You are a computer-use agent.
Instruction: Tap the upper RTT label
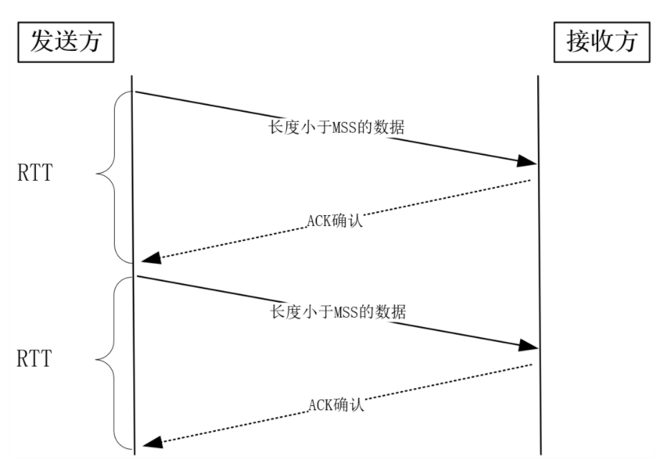34,173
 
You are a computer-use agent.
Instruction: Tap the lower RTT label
34,358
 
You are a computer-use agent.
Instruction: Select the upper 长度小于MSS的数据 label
336,128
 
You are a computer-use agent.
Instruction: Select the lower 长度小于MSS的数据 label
338,313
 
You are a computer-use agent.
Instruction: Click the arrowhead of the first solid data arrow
528,161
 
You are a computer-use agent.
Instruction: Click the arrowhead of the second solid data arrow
528,346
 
